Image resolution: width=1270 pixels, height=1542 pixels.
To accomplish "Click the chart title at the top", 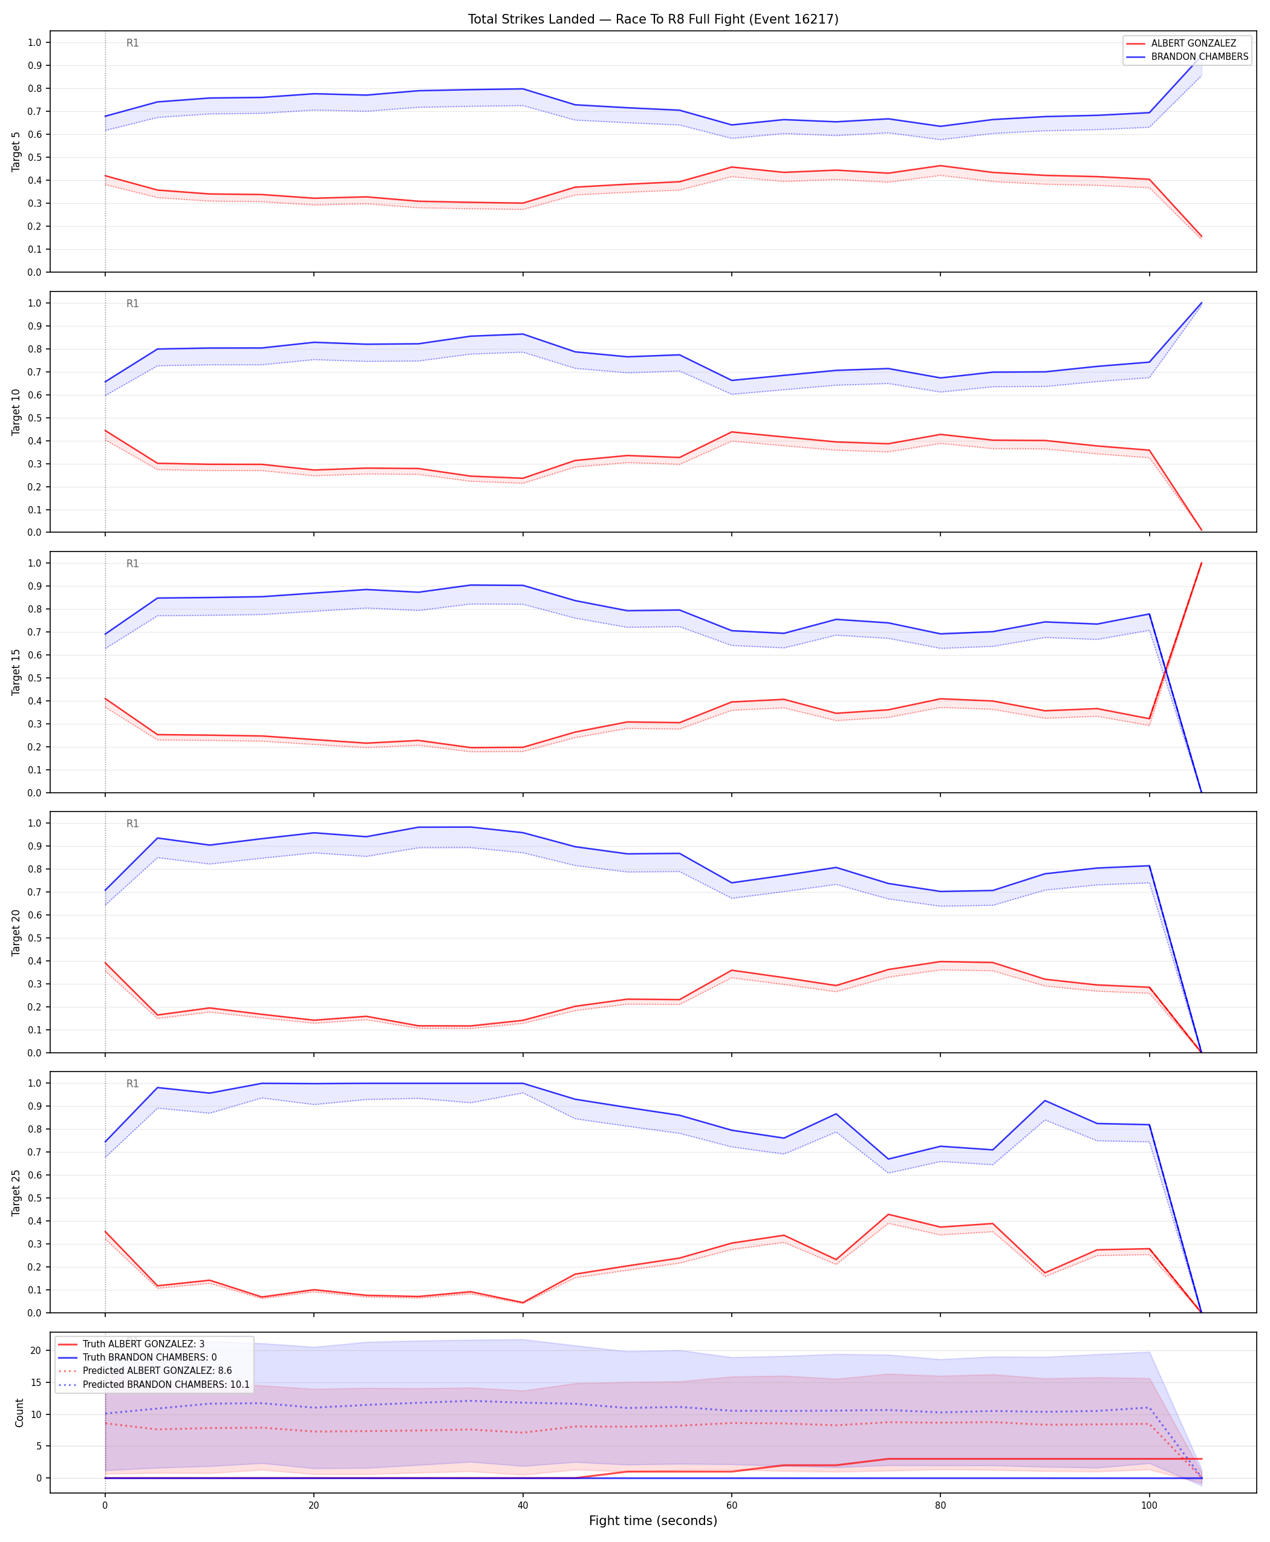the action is tap(653, 19).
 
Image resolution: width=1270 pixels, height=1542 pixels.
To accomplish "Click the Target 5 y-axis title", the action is tap(16, 151).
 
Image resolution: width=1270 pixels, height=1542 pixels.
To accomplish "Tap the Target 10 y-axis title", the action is tap(16, 412).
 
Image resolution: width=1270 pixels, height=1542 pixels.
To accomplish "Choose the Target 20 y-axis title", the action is tap(16, 932).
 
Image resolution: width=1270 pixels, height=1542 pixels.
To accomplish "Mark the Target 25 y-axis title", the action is tap(16, 1192).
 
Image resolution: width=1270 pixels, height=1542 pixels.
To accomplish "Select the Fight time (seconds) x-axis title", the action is tap(653, 1521).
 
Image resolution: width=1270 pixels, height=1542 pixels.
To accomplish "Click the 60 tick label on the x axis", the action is tap(732, 1505).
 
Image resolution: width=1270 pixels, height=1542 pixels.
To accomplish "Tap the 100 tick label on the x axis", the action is tap(1149, 1505).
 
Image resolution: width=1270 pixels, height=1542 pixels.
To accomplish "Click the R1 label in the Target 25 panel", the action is tap(132, 1084).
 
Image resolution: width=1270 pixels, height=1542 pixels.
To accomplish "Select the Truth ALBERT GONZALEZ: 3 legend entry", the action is tap(143, 1344).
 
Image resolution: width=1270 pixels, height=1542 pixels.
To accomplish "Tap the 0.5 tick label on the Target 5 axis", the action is tap(34, 157).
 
